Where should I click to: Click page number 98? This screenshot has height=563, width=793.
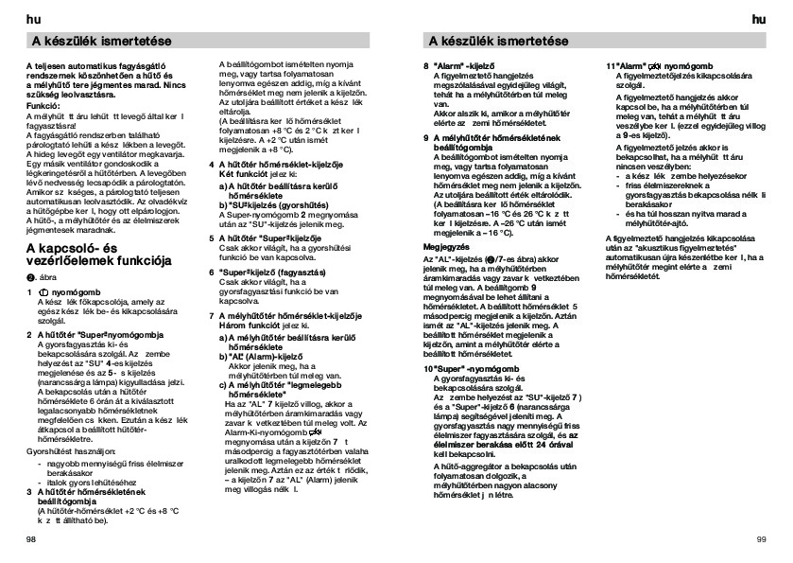point(31,537)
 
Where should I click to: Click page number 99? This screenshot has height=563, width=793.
point(761,537)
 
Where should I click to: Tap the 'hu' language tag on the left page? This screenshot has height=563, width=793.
point(31,18)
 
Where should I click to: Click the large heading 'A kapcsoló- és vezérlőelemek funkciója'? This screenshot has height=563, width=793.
point(97,255)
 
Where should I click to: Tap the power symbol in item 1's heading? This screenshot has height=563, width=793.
point(44,293)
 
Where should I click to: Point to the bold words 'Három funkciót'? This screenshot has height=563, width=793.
point(244,325)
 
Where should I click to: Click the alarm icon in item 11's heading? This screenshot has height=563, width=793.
point(652,65)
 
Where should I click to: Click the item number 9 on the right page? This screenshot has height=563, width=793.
point(425,137)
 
